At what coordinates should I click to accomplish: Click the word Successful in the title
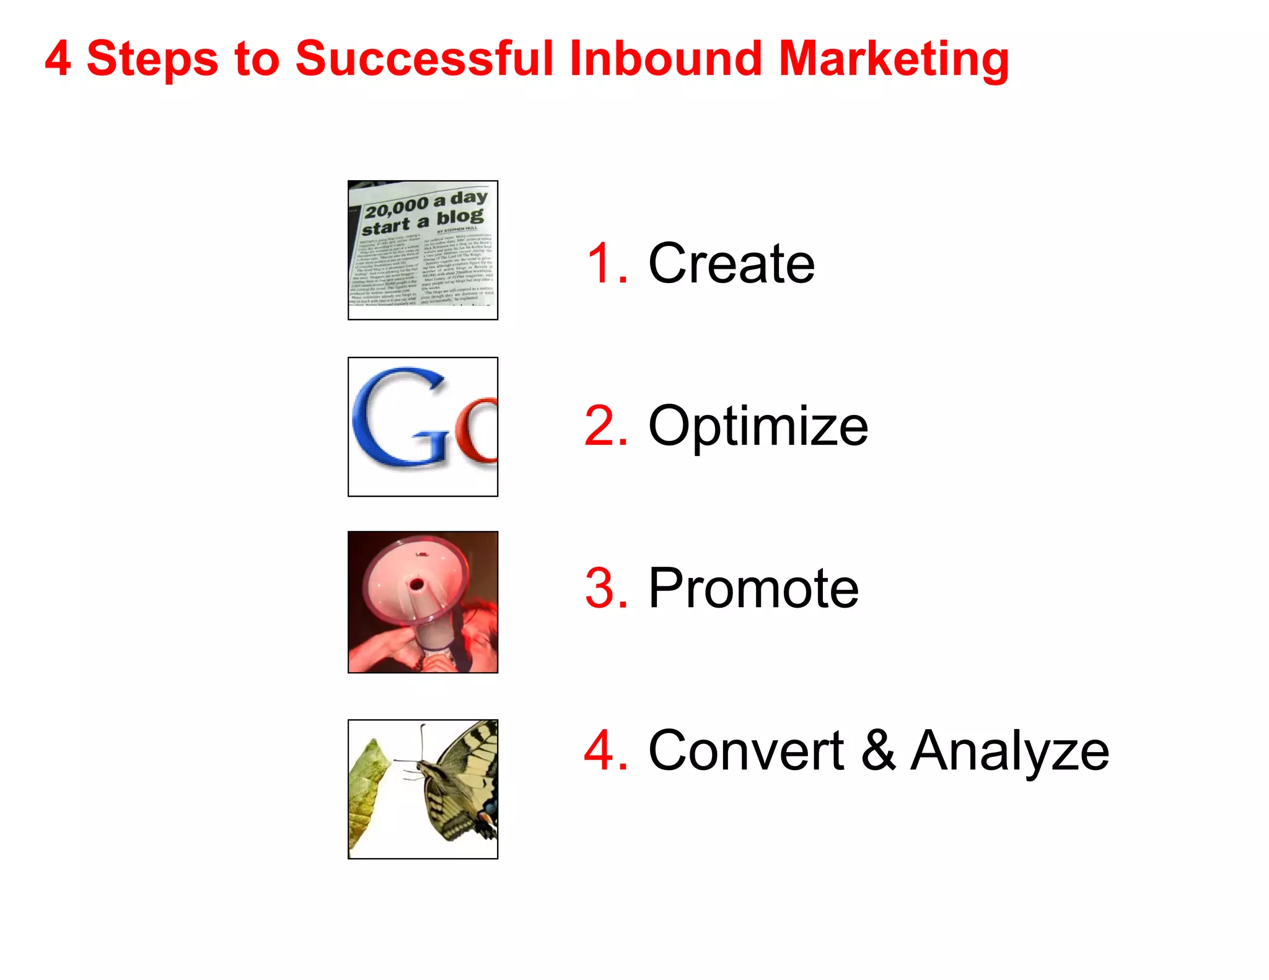coord(424,59)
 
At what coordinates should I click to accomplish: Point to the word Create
coord(731,263)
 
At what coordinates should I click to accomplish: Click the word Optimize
coord(758,426)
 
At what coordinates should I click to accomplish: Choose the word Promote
coord(753,588)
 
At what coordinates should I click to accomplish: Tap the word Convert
coord(745,751)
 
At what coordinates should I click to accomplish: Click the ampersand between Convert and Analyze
coord(878,751)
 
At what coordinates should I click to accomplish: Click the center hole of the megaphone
coord(416,584)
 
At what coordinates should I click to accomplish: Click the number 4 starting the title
coord(58,59)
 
